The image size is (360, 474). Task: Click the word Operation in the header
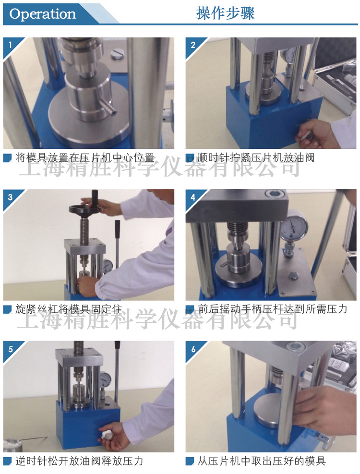[43, 14]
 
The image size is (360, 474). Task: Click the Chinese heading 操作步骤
[225, 13]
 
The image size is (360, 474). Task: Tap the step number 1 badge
[10, 45]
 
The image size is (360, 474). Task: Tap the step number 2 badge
[193, 45]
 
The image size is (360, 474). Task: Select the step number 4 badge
[193, 197]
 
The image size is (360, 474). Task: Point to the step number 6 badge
[193, 349]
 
